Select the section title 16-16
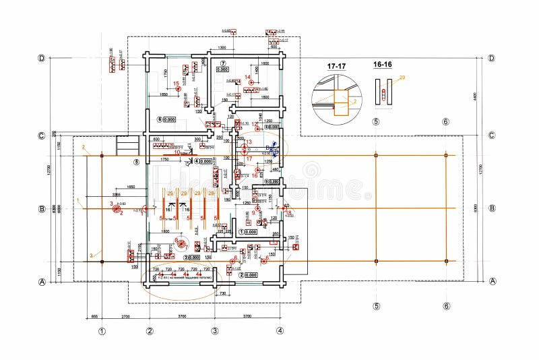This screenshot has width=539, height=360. point(382,65)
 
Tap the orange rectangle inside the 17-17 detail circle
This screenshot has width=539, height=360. point(341,103)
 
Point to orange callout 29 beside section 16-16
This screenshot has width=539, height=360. point(402,78)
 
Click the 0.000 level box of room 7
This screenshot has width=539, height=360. point(222,69)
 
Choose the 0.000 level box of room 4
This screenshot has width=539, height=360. point(205,162)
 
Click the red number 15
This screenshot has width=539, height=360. point(177,84)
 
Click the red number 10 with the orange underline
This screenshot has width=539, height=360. point(178,153)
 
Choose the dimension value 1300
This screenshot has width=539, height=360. point(222,49)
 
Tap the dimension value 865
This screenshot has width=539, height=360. point(95,316)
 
